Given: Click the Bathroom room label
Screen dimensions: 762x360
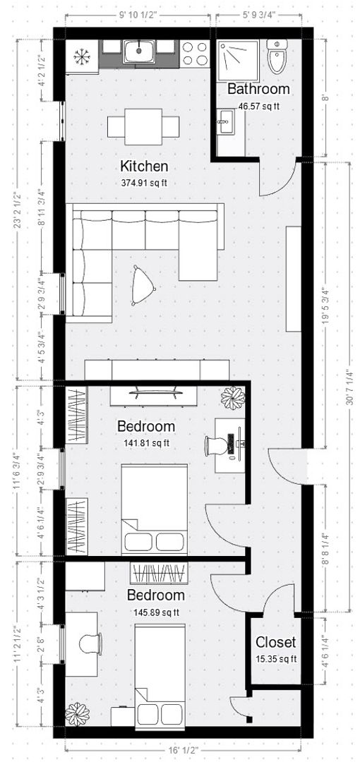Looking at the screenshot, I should tap(258, 90).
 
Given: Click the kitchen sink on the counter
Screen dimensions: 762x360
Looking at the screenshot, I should tap(138, 49).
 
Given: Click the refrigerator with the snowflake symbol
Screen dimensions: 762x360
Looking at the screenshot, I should tap(82, 56).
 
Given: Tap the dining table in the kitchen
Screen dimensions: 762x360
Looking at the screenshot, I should tap(143, 127).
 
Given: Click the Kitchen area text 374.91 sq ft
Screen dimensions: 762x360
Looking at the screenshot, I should tap(144, 182).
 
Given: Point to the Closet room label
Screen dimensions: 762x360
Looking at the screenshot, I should tap(275, 643).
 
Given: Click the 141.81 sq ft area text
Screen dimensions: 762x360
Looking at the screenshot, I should tap(145, 443).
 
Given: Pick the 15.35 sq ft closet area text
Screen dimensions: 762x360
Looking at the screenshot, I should tap(275, 660).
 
